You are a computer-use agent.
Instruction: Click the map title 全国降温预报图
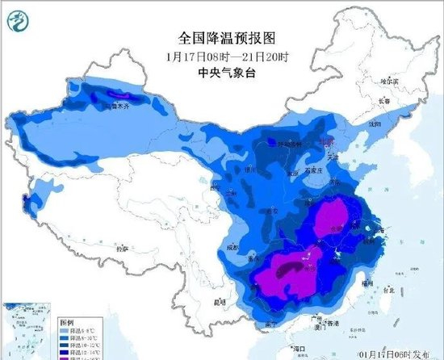[221, 38]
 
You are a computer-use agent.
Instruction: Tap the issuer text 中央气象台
[221, 71]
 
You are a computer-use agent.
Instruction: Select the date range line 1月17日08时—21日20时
[221, 55]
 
